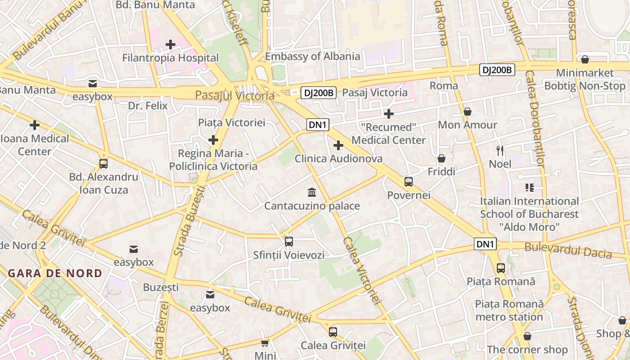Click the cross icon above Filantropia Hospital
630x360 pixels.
(x=171, y=45)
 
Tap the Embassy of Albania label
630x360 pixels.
(x=312, y=56)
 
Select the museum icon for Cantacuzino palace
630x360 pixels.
(x=311, y=193)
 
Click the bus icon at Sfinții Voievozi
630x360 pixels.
(x=289, y=242)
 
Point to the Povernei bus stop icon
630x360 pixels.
(x=409, y=182)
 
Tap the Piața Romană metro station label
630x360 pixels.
(x=509, y=310)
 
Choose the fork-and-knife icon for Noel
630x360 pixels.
(x=500, y=151)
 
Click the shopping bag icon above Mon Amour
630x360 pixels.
(x=468, y=112)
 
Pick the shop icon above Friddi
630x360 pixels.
(x=441, y=158)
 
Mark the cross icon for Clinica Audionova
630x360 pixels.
(x=338, y=145)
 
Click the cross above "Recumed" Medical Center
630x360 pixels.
(x=389, y=114)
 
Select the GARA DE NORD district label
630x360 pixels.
(x=55, y=273)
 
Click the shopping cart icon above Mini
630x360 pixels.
(x=265, y=343)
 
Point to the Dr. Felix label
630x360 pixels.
(x=148, y=106)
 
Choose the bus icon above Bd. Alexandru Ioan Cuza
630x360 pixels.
(x=103, y=164)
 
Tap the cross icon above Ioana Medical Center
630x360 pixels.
(x=35, y=125)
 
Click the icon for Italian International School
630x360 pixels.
(x=529, y=188)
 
